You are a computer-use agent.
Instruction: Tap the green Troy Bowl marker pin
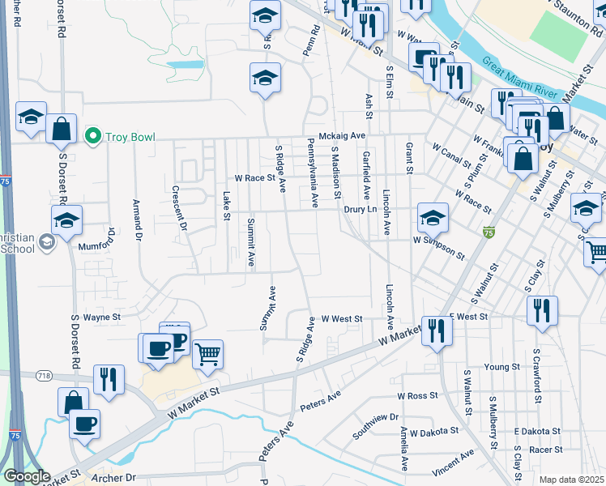pos(93,135)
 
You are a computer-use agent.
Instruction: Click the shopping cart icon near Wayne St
pos(208,354)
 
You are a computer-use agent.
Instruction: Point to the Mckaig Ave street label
pos(342,136)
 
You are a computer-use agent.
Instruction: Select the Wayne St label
pos(101,318)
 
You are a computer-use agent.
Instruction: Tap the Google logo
pos(27,476)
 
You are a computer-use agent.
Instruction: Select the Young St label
pos(501,367)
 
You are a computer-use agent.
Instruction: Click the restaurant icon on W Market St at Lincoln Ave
pos(436,330)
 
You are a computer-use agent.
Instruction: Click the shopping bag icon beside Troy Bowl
pos(61,128)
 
